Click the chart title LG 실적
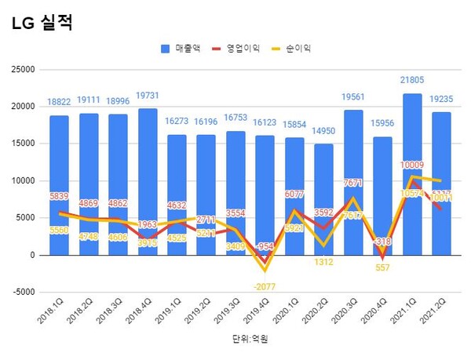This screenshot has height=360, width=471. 43,24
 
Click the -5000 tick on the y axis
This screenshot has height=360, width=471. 24,292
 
